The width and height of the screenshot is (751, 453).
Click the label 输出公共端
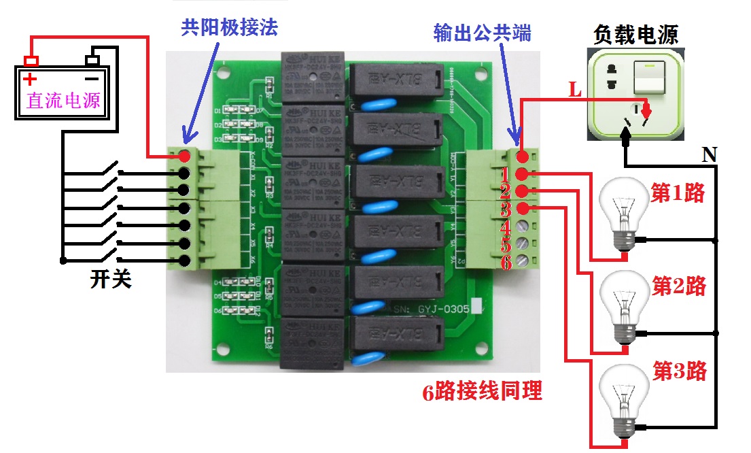(482, 33)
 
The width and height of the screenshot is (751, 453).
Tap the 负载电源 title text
(635, 34)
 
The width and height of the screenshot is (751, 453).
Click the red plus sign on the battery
(31, 78)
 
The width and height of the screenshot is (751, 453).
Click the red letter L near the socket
(575, 91)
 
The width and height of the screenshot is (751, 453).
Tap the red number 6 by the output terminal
(506, 263)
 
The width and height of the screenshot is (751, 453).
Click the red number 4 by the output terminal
(506, 227)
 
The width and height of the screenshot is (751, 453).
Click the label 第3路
(679, 371)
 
